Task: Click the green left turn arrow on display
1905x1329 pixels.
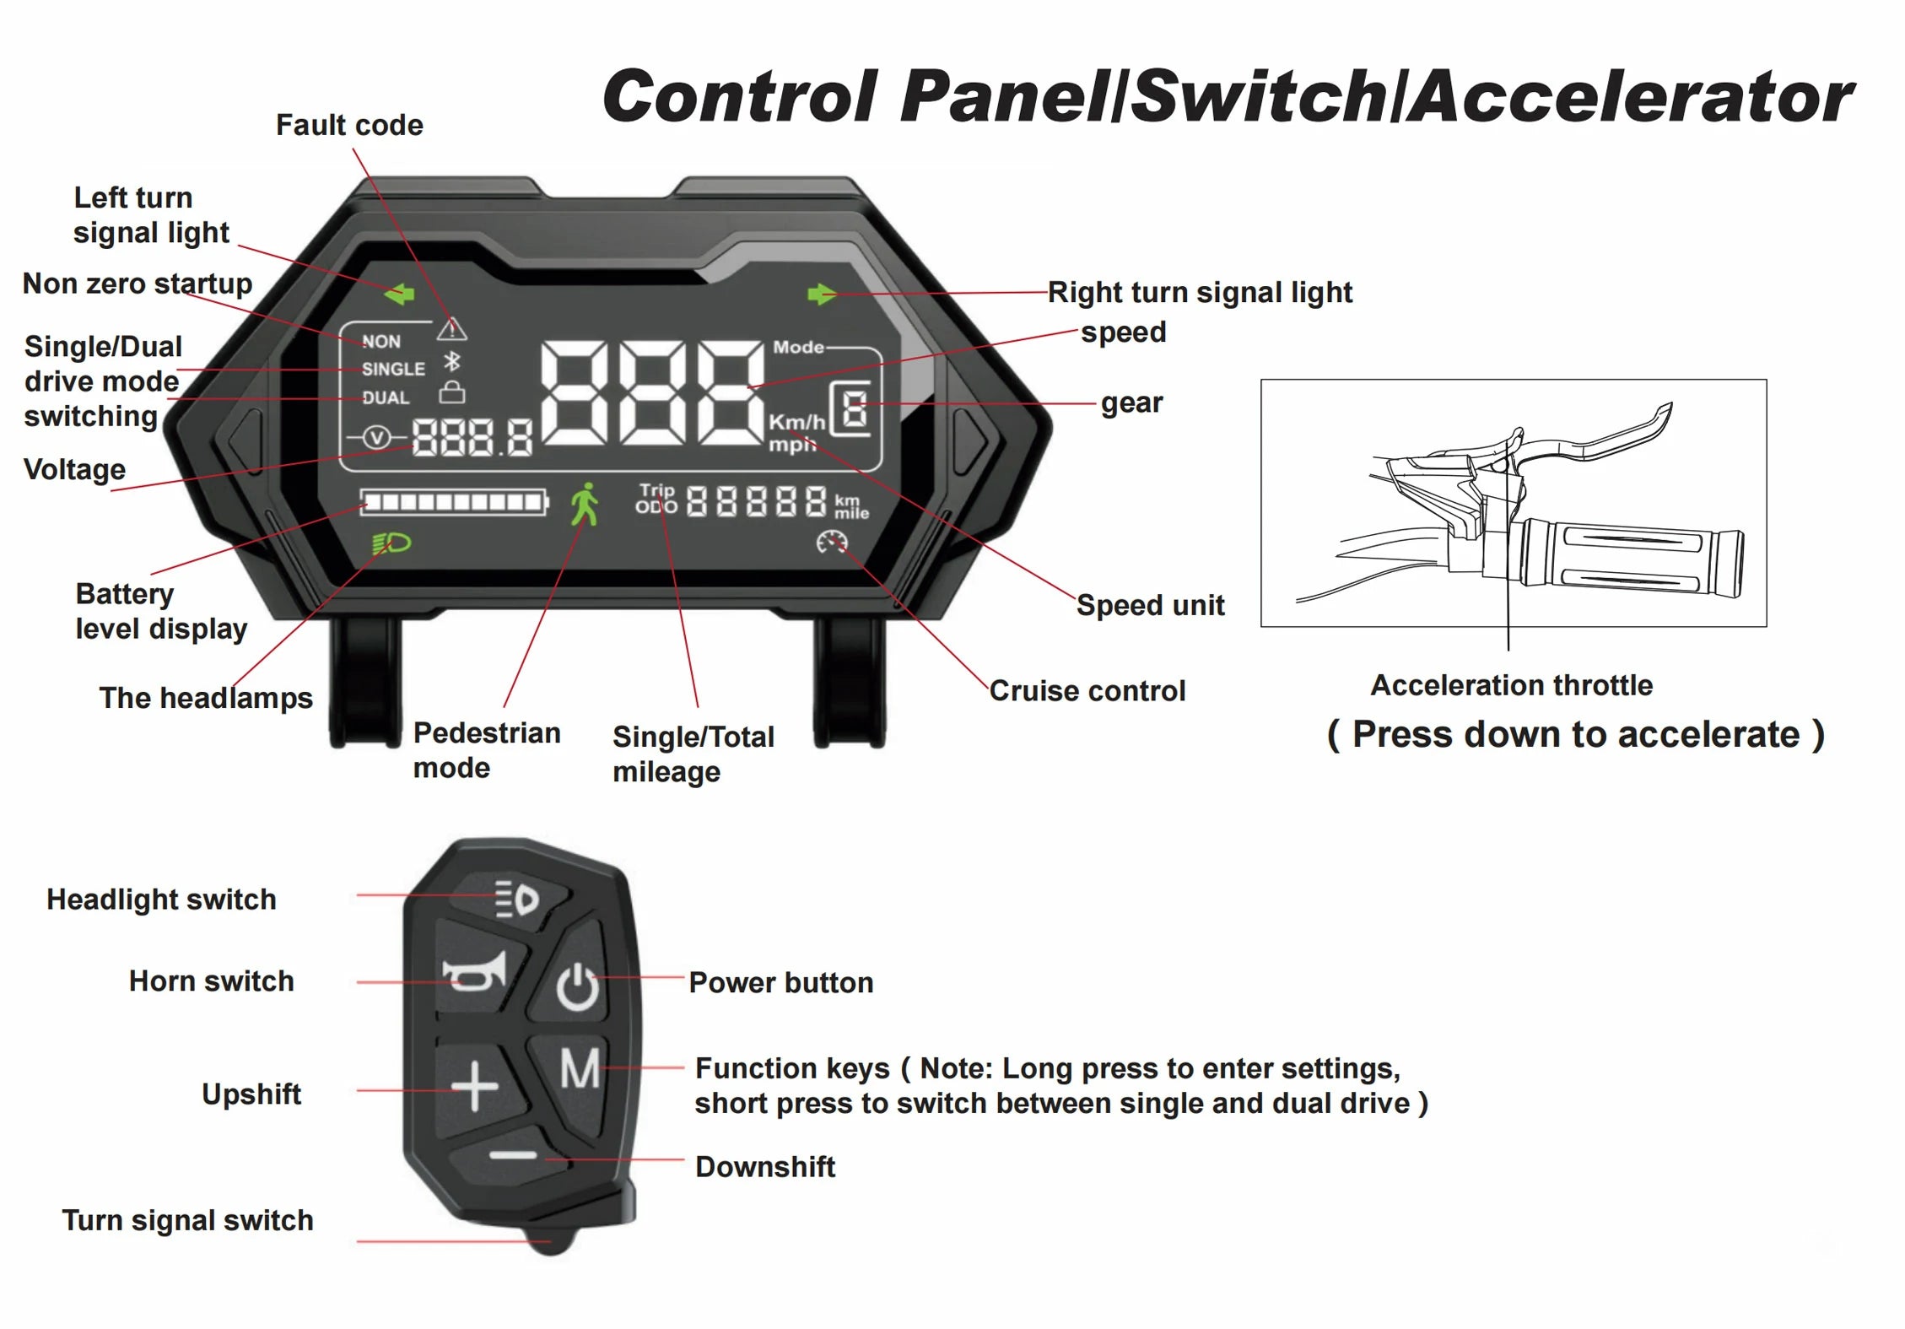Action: coord(400,294)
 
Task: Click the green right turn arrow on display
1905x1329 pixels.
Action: coord(821,294)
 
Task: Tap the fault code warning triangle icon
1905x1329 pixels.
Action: coord(452,327)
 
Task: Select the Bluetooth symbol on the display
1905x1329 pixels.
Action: coord(452,362)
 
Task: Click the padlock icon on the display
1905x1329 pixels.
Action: coord(452,392)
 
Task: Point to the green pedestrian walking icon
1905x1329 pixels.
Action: coord(585,504)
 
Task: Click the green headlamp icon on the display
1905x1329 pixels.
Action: coord(391,543)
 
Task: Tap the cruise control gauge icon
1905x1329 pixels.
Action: coord(831,542)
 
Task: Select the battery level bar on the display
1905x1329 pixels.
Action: coord(453,503)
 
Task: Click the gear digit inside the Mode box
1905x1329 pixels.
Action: coord(855,410)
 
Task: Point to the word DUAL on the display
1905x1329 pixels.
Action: coord(386,397)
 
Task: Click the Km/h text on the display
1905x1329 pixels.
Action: coord(796,421)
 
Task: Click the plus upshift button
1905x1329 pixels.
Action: coord(476,1086)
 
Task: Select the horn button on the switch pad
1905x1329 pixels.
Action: coord(476,974)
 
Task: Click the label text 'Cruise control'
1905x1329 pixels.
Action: coord(1087,691)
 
